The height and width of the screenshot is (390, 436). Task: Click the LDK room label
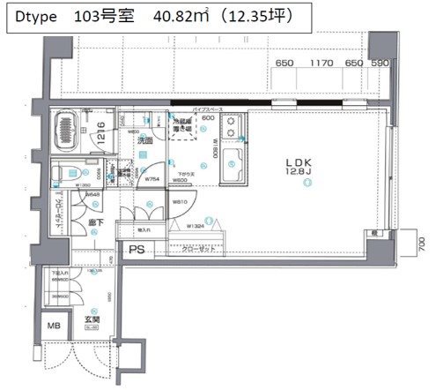(x=296, y=161)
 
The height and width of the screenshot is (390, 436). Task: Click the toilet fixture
(x=65, y=173)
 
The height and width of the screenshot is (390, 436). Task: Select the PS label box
(x=137, y=250)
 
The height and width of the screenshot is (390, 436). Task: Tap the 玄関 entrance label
(x=92, y=320)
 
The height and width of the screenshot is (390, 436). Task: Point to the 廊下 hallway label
(x=98, y=223)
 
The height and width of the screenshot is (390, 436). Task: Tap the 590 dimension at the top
(x=380, y=64)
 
